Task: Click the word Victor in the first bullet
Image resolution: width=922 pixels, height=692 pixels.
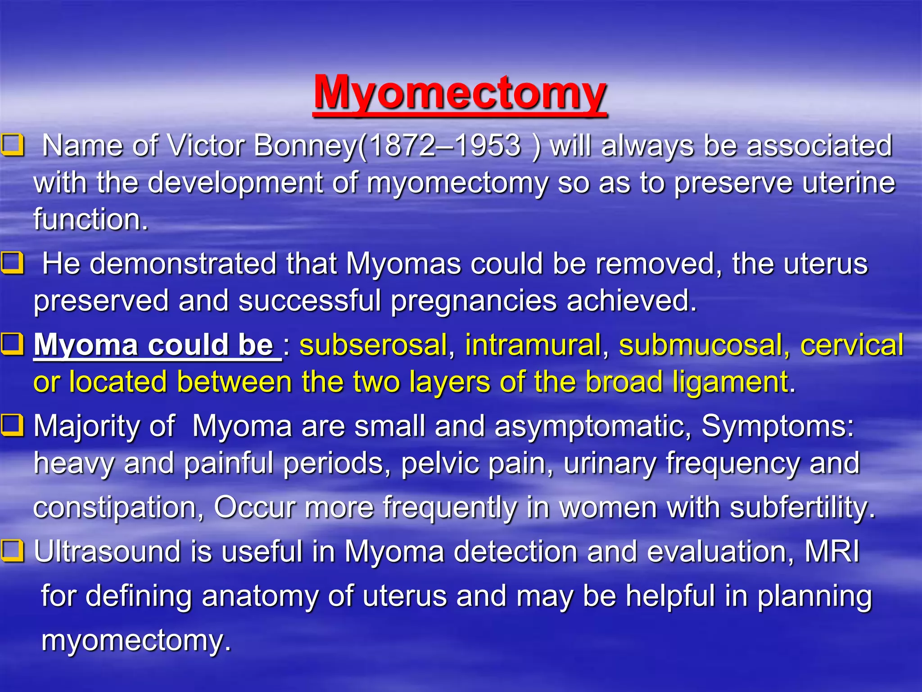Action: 206,146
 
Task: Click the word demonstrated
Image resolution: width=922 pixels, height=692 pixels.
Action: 183,264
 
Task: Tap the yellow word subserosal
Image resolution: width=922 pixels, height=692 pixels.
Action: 373,345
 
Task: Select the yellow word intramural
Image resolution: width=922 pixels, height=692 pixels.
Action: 533,345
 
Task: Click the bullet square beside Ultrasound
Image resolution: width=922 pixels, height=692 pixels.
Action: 12,551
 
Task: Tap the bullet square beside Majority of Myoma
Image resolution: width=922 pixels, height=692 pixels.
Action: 12,425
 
